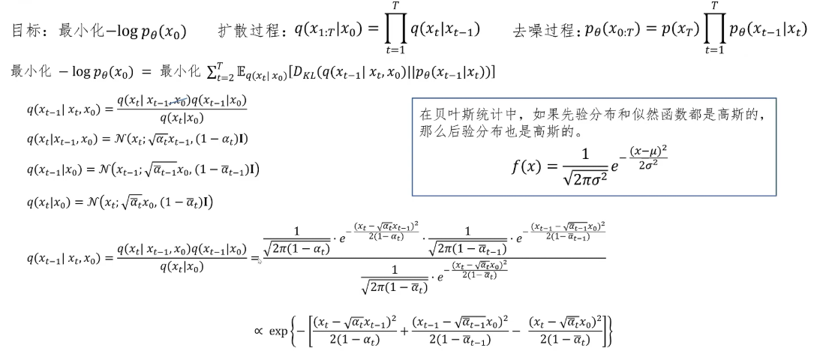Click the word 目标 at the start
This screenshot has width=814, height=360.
28,32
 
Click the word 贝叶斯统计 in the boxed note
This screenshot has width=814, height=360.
462,115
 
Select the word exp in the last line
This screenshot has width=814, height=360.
278,331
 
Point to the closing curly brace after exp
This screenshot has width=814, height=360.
610,331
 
